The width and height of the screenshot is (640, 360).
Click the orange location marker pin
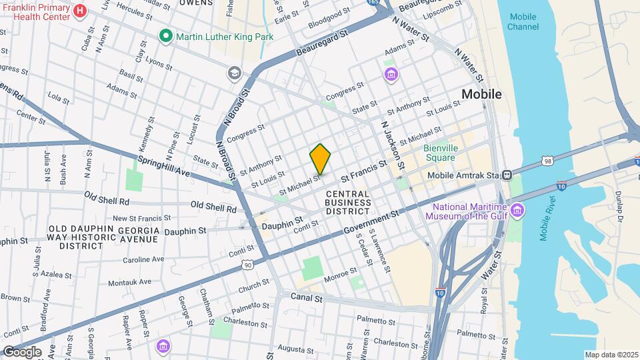pos(321,159)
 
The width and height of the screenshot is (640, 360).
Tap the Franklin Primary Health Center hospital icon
pos(81,11)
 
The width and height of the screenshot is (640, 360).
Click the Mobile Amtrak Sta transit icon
pos(507,175)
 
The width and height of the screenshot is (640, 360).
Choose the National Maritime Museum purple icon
pos(517,211)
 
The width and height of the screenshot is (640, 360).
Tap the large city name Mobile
pos(481,94)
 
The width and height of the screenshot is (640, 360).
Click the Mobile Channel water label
pos(523,21)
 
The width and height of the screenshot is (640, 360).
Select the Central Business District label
pos(347,202)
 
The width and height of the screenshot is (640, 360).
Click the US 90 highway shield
pos(249,265)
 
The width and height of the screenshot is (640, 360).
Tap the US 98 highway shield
pos(547,161)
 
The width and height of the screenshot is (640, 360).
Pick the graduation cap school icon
pos(234,73)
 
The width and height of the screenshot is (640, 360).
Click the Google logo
pos(21,352)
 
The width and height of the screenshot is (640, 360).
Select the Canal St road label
pos(307,299)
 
